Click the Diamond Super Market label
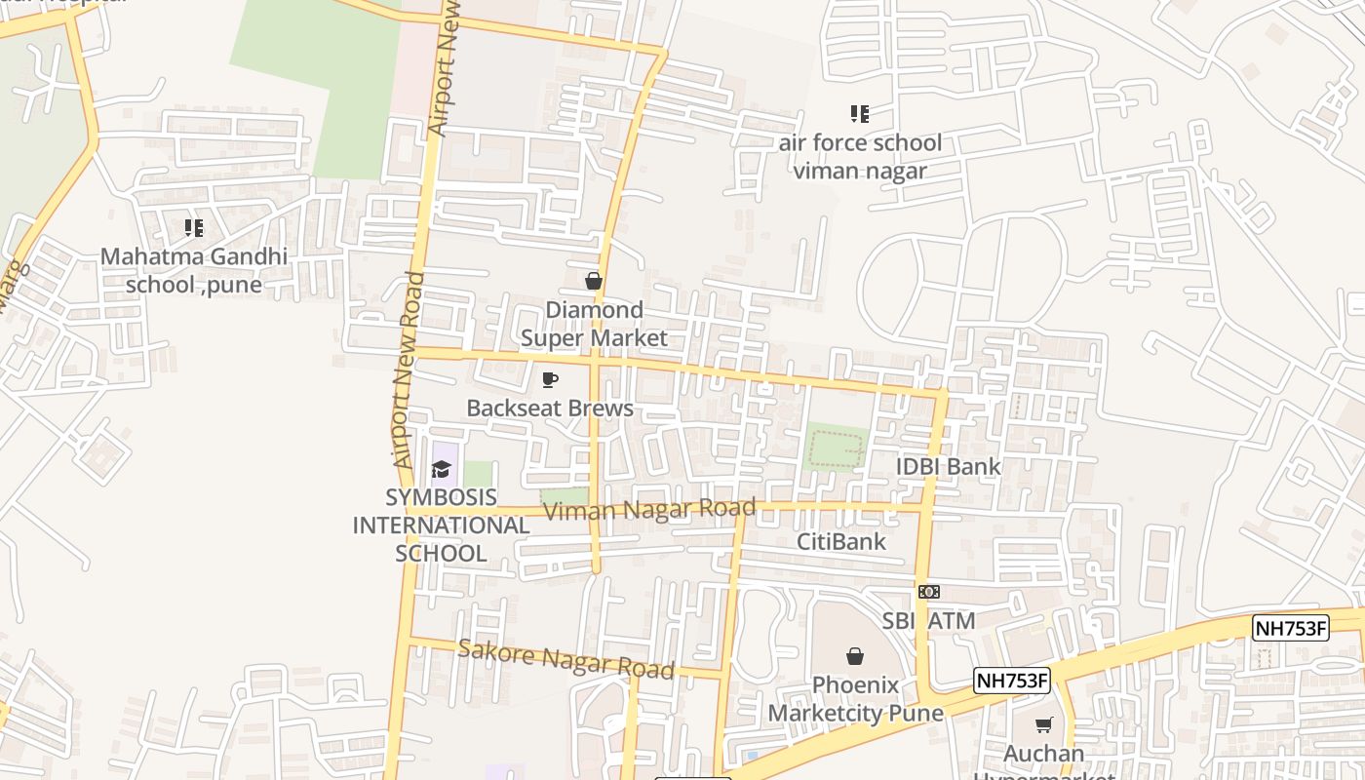tap(594, 324)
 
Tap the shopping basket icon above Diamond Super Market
tap(593, 282)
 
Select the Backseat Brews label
tap(550, 409)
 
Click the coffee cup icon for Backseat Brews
tap(550, 379)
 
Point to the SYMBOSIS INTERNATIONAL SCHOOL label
tap(441, 526)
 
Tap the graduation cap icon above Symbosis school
tap(442, 470)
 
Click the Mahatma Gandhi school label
tap(194, 271)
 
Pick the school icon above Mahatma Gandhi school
tap(194, 228)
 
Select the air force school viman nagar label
tap(860, 157)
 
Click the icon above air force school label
tap(859, 114)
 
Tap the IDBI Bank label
tap(949, 466)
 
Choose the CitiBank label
tap(841, 542)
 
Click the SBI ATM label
tap(928, 621)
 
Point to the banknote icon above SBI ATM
tap(929, 592)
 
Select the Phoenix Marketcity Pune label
tap(855, 699)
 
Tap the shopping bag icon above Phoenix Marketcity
tap(855, 656)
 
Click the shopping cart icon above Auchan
tap(1044, 724)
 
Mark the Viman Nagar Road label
tap(649, 509)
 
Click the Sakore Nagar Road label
tap(565, 659)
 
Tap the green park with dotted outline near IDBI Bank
tap(836, 448)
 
